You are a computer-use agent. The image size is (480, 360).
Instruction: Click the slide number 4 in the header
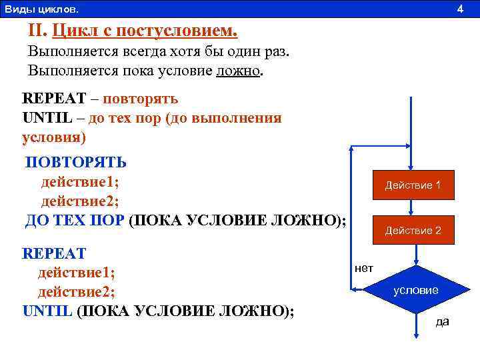tap(459, 9)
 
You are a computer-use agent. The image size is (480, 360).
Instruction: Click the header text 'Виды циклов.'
tap(41, 9)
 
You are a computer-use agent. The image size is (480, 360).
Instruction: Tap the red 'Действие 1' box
tap(413, 185)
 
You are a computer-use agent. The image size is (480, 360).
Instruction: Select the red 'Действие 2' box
tap(413, 231)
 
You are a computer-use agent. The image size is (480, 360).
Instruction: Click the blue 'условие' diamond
tap(415, 290)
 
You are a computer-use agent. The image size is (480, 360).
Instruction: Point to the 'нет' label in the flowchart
tap(364, 268)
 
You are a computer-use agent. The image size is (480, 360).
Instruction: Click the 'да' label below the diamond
tap(442, 322)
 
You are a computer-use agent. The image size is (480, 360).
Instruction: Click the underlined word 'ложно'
tap(238, 71)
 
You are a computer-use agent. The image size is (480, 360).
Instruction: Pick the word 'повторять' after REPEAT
tap(141, 99)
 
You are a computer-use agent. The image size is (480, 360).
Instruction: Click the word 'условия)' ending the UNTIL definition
tap(54, 137)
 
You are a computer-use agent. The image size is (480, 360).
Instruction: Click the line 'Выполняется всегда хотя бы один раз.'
tap(159, 51)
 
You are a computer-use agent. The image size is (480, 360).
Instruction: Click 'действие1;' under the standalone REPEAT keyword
tap(76, 273)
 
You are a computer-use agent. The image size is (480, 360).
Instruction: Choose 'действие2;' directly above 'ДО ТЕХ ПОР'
tap(80, 201)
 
